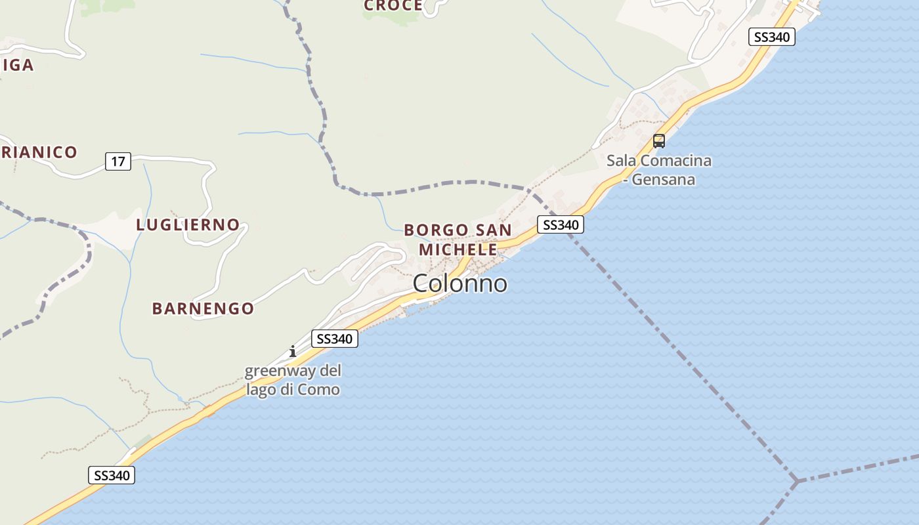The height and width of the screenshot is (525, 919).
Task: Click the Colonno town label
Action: click(x=460, y=283)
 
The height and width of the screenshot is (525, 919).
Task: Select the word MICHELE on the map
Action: click(x=458, y=250)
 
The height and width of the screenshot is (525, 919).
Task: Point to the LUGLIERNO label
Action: click(x=188, y=224)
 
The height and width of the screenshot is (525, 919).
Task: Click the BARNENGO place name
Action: click(x=203, y=308)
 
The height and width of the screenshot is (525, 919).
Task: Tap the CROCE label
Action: click(x=393, y=6)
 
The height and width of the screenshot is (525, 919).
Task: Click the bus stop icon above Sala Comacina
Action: click(x=658, y=140)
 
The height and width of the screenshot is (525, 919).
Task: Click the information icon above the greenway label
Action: click(x=293, y=351)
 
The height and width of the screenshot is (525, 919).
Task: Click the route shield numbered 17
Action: click(x=118, y=161)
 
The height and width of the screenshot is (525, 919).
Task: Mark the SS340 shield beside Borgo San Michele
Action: click(x=560, y=224)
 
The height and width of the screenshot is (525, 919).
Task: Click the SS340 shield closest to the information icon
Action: click(x=334, y=339)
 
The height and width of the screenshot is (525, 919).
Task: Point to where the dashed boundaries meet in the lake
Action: click(x=796, y=481)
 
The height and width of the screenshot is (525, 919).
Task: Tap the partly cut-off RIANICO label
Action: click(x=39, y=152)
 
